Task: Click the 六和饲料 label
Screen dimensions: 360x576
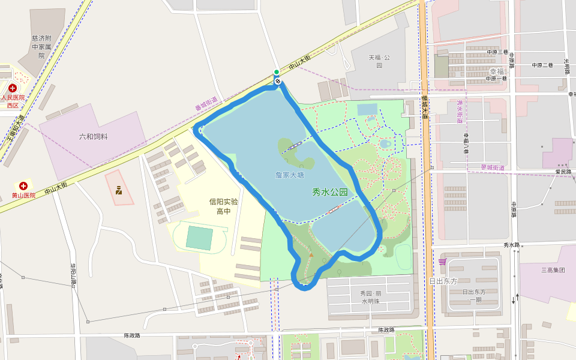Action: pyautogui.click(x=93, y=137)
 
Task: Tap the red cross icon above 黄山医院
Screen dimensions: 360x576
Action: pyautogui.click(x=23, y=187)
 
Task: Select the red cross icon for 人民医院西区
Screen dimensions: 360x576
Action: pyautogui.click(x=13, y=88)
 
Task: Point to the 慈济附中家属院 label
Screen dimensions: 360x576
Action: pyautogui.click(x=41, y=47)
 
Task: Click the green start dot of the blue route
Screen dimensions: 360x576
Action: pyautogui.click(x=277, y=72)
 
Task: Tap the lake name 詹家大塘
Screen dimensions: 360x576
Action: pyautogui.click(x=290, y=175)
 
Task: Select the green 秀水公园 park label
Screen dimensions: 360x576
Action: pyautogui.click(x=329, y=193)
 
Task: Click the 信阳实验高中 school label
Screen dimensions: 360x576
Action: pyautogui.click(x=223, y=206)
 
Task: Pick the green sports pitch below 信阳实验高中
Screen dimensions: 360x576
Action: pyautogui.click(x=199, y=238)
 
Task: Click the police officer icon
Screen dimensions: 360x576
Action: pyautogui.click(x=119, y=191)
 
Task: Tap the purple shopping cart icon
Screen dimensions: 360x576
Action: pyautogui.click(x=443, y=261)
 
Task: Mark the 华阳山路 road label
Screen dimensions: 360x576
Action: pyautogui.click(x=73, y=274)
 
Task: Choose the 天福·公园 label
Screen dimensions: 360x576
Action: pyautogui.click(x=379, y=61)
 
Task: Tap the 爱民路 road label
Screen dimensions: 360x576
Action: pyautogui.click(x=563, y=172)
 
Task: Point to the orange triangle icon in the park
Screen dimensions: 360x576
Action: pyautogui.click(x=311, y=255)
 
